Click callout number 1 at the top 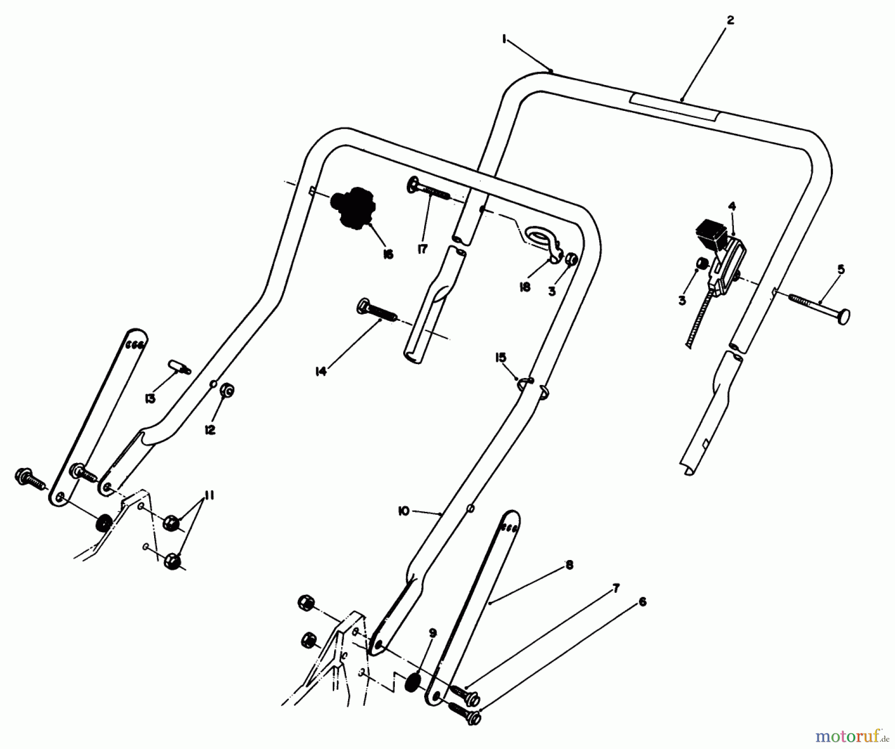[x=504, y=39]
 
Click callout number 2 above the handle [x=730, y=20]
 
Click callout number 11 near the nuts [x=209, y=495]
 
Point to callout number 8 [x=569, y=565]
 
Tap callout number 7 [x=616, y=589]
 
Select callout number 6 [x=642, y=602]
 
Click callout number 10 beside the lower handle [x=403, y=511]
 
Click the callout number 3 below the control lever [x=682, y=300]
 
